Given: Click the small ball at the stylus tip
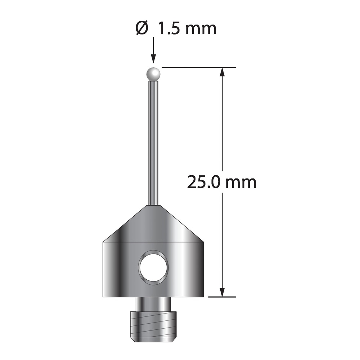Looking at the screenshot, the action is tap(153, 74).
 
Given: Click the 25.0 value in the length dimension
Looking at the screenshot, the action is tap(205, 182).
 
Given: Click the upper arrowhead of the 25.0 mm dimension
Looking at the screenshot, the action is tap(222, 72).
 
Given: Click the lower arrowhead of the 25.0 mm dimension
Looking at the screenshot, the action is tap(222, 292).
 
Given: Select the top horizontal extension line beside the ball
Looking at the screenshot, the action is tap(199, 67).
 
